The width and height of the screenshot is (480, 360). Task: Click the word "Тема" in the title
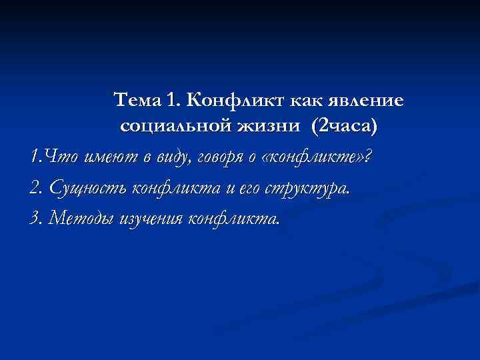[x=137, y=101]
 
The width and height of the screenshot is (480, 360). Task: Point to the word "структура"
[x=306, y=188]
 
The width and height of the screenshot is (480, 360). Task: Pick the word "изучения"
[x=153, y=218]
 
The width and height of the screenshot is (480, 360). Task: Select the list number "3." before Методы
[x=37, y=218]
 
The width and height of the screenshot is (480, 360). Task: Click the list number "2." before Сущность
[x=37, y=188]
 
